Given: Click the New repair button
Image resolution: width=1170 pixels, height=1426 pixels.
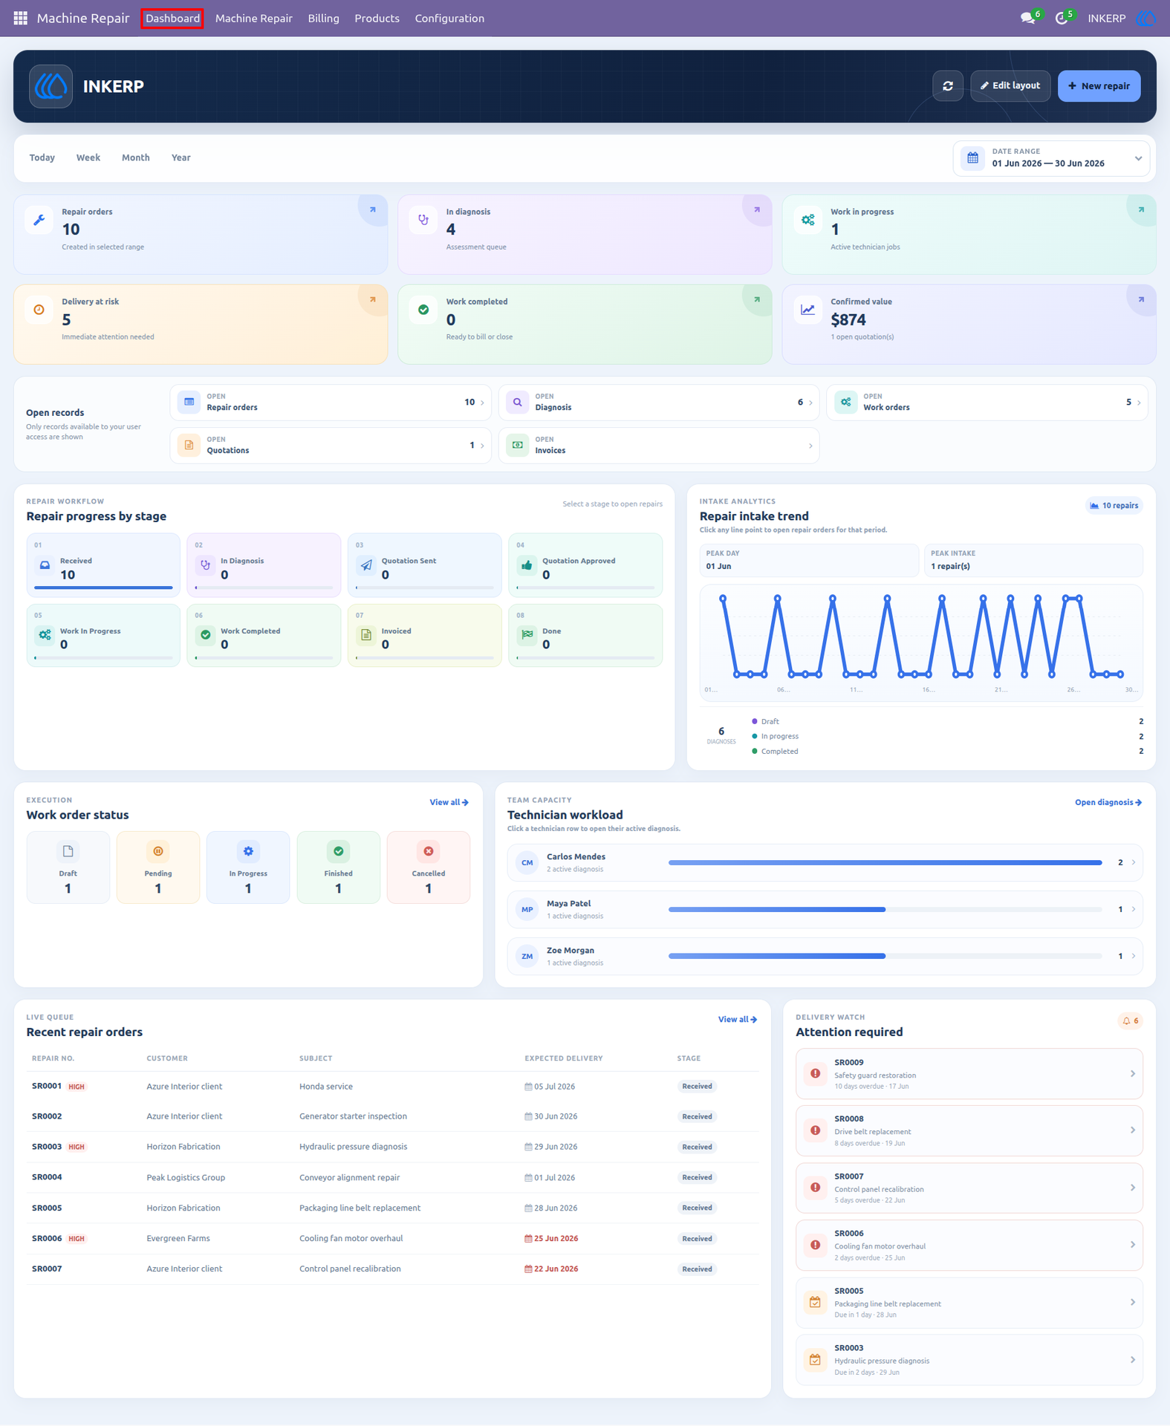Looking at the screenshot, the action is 1099,86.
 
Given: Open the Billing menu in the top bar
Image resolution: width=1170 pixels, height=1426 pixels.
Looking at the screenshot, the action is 323,19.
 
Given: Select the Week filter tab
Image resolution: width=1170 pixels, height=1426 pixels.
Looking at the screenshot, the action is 88,157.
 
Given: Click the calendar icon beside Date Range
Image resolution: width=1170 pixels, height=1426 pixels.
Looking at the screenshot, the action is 972,158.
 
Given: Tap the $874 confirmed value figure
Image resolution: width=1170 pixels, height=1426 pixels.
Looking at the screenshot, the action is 848,320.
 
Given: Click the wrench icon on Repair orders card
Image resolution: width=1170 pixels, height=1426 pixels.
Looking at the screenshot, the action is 39,220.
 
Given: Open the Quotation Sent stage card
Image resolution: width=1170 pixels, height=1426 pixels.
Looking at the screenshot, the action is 424,564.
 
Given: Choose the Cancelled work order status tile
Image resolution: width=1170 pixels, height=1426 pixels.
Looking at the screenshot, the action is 429,867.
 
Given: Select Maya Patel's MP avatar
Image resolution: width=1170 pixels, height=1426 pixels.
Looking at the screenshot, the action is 527,910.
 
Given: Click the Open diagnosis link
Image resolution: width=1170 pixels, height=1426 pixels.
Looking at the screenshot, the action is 1108,802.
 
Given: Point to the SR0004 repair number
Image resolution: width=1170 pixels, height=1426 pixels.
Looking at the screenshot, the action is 47,1177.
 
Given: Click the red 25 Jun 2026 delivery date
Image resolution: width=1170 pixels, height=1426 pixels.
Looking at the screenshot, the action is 551,1238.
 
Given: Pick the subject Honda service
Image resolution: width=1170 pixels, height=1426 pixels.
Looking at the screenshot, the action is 326,1087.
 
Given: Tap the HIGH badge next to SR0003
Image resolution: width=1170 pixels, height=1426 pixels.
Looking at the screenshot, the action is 77,1147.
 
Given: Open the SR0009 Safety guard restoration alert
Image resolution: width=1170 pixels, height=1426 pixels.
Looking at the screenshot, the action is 969,1074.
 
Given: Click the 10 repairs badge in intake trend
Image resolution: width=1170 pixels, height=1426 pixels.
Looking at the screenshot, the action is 1114,506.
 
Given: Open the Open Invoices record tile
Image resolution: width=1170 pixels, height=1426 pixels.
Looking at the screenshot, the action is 658,446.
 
